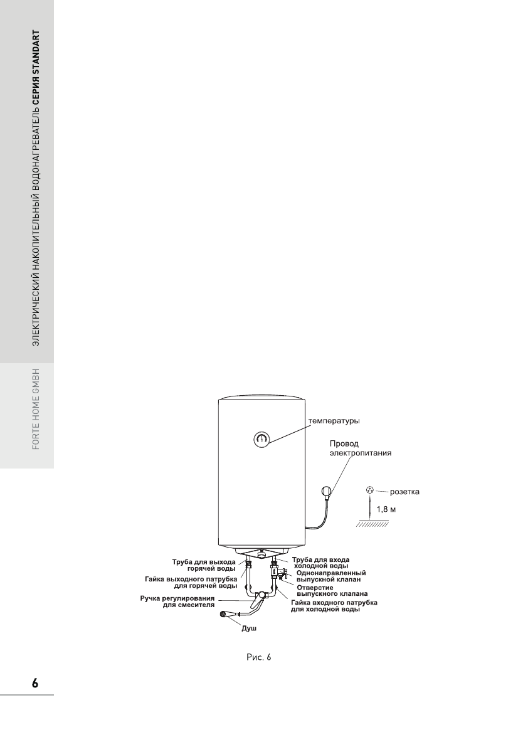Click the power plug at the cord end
click(325, 492)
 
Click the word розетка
click(404, 492)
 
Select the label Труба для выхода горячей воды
click(204, 564)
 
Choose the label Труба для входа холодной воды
click(322, 562)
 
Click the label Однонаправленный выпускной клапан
click(330, 576)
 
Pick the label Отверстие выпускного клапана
click(332, 590)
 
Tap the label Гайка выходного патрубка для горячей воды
click(191, 582)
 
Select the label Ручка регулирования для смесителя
click(178, 602)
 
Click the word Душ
click(250, 628)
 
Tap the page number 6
click(35, 682)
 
